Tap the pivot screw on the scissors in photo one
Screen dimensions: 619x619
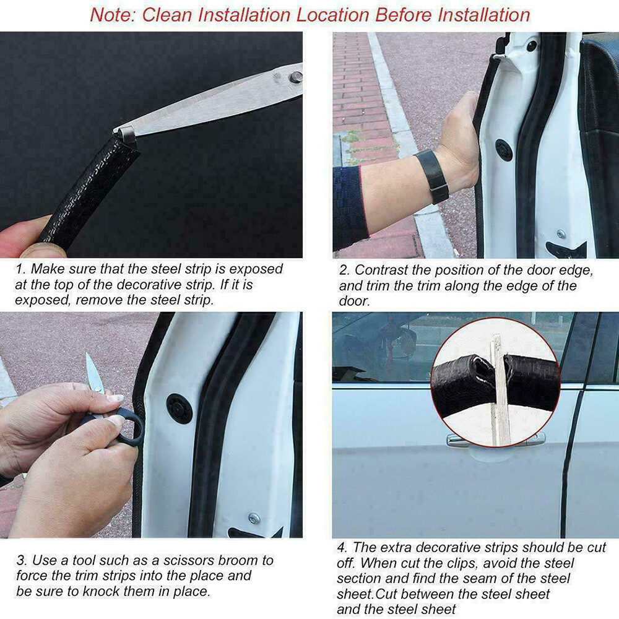point(297,77)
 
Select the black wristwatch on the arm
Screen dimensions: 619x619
point(431,176)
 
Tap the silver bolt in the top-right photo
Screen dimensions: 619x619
point(560,234)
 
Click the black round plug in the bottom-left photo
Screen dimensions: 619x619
point(179,409)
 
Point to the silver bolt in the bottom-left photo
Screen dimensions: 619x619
point(254,518)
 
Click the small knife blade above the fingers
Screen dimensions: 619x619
point(93,374)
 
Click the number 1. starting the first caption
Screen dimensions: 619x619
point(20,269)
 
